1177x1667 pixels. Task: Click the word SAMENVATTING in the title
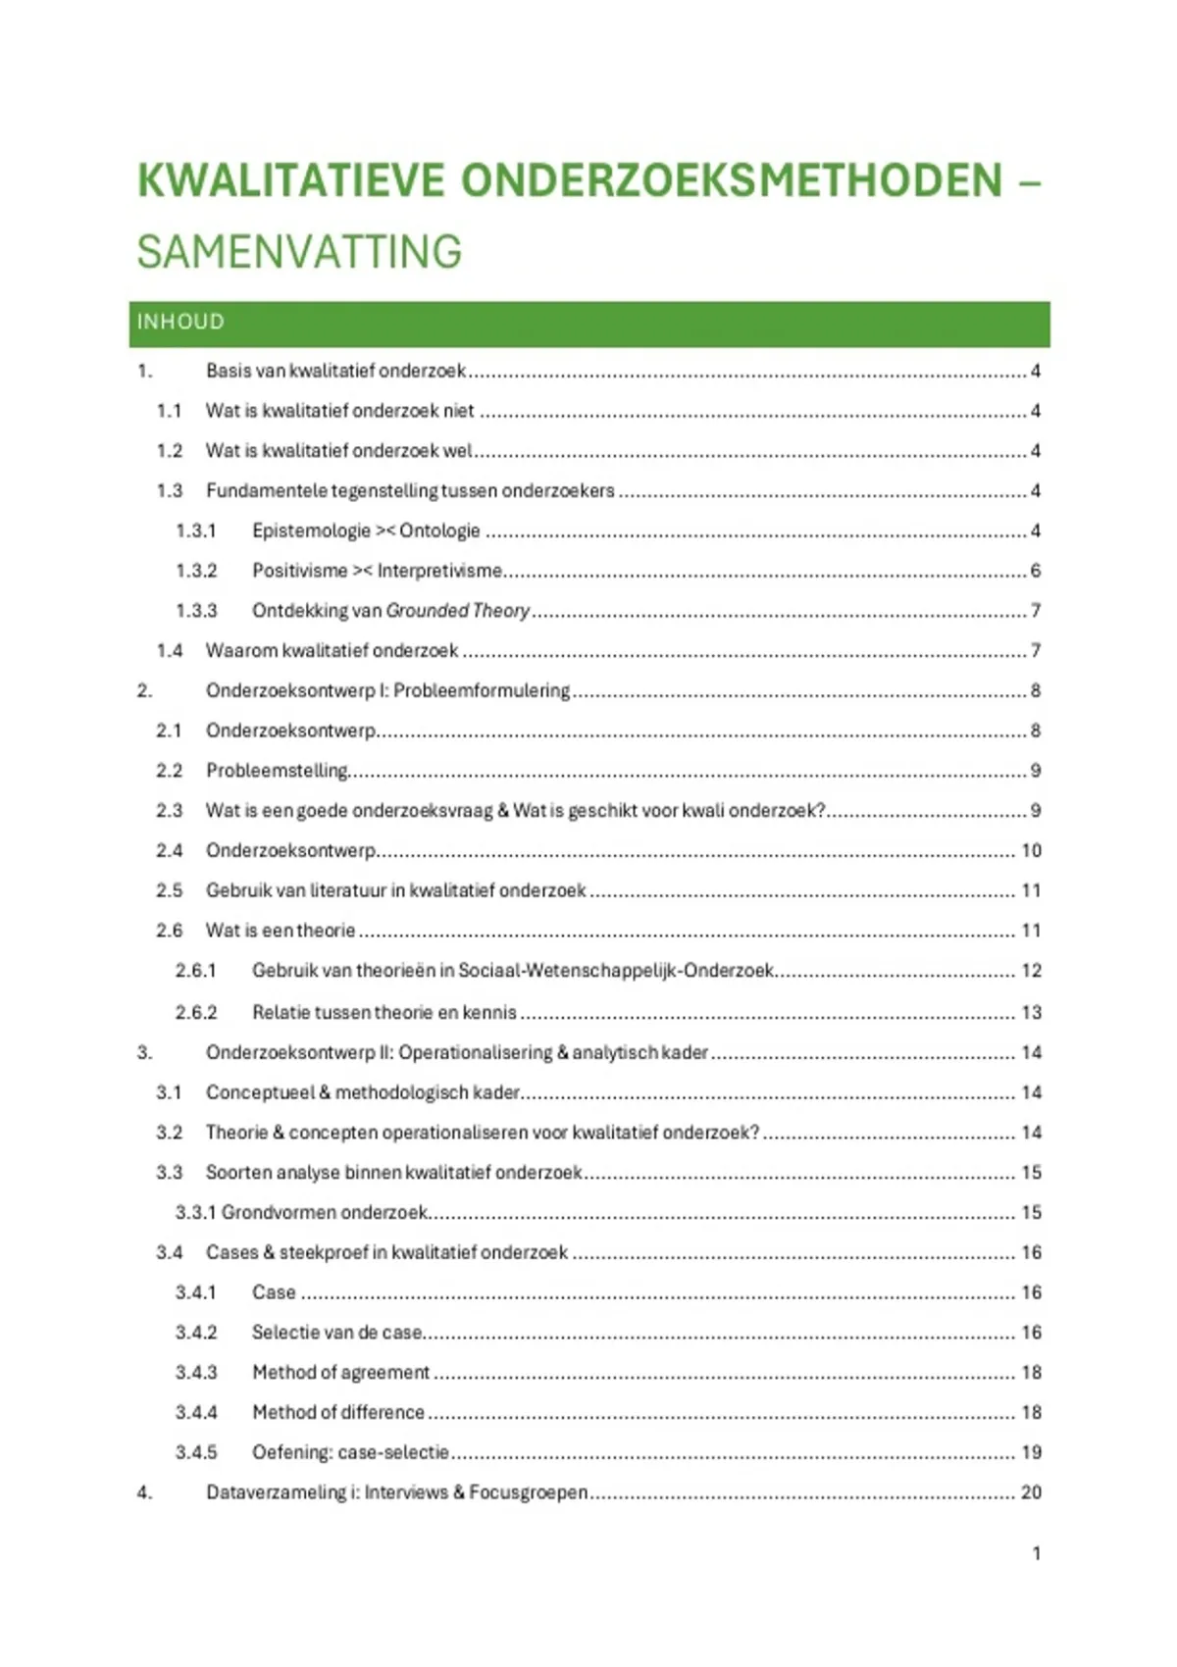(299, 252)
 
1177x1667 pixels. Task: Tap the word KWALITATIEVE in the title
(291, 181)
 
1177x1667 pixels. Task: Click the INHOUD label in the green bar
(180, 322)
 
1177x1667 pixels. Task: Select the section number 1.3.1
(196, 530)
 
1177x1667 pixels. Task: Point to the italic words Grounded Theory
(458, 610)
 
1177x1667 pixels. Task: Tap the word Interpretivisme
(439, 571)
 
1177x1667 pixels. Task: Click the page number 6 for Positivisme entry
(1036, 571)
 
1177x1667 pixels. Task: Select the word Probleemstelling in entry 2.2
(277, 771)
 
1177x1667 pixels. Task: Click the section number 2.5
(169, 890)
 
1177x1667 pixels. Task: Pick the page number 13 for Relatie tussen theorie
(1031, 1012)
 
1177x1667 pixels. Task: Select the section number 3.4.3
(196, 1372)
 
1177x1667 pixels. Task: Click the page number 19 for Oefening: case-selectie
(1031, 1452)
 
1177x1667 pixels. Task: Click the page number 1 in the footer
(1036, 1553)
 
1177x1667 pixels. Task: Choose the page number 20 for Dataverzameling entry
(1031, 1492)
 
